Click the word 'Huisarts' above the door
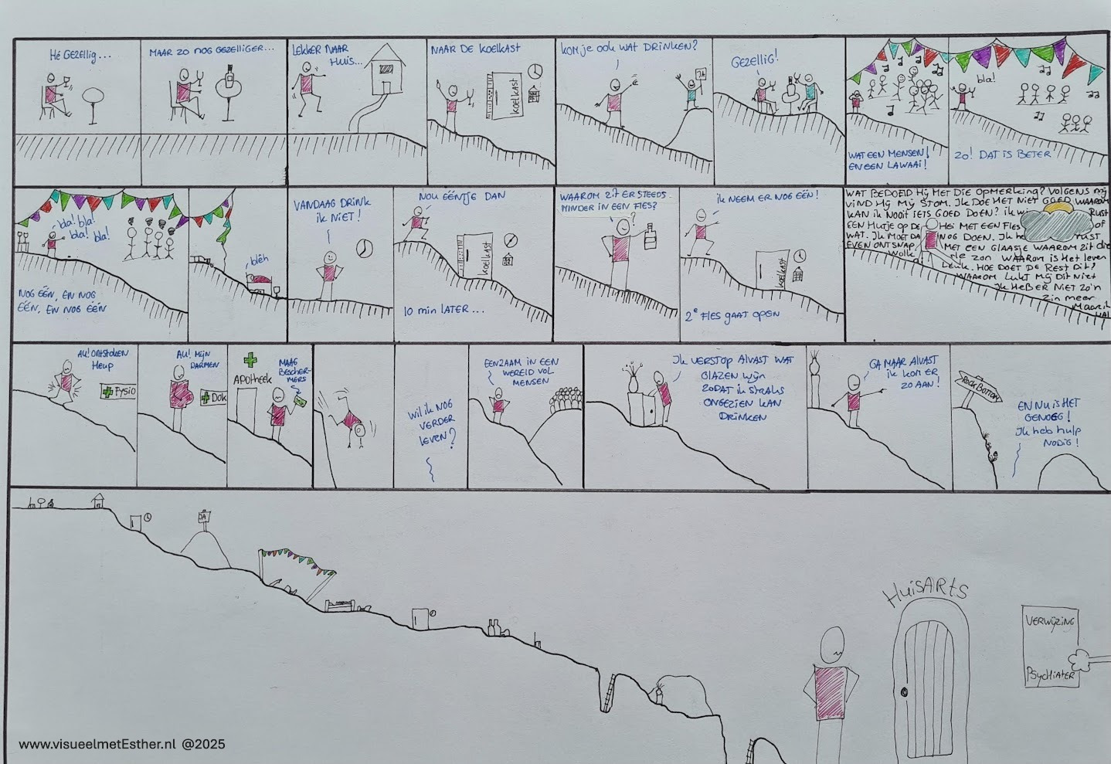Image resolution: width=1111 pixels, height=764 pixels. pos(926,593)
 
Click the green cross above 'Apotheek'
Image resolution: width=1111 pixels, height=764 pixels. pos(249,361)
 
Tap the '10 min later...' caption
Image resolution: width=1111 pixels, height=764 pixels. pos(443,312)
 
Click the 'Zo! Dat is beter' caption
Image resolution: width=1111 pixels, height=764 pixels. pos(1003,154)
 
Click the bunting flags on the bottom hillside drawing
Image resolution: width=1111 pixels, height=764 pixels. pos(297,558)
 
